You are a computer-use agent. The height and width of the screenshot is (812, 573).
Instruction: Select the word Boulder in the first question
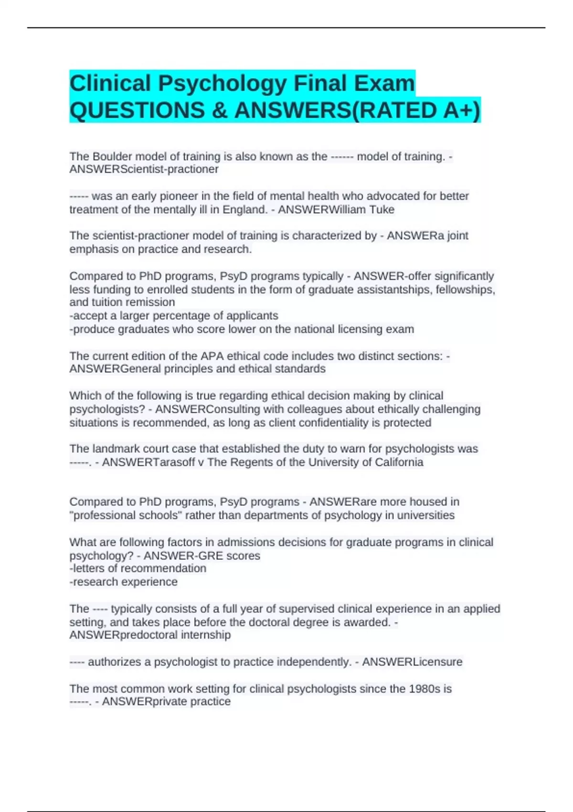point(110,156)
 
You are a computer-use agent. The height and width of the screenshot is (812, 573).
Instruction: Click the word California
point(398,462)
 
